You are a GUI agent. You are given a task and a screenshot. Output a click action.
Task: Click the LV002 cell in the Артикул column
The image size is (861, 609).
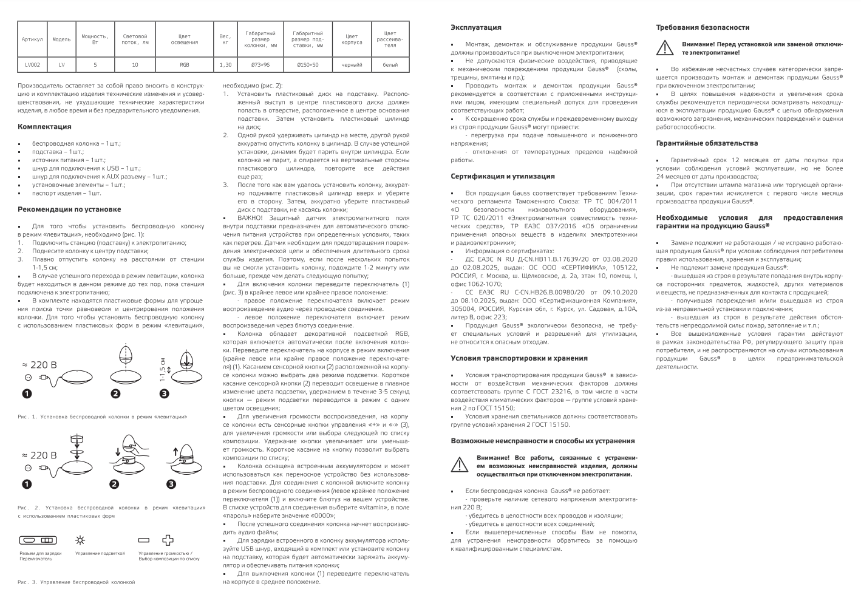(32, 64)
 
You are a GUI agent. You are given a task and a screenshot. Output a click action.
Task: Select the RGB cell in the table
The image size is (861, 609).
(184, 64)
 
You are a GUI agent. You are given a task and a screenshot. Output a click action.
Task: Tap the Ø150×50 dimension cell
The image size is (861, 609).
(307, 64)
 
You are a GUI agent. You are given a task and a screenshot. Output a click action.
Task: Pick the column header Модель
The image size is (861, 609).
(61, 39)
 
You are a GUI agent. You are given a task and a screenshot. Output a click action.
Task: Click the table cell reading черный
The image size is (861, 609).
(352, 64)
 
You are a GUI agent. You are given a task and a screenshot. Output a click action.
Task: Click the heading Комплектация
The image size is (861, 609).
(44, 127)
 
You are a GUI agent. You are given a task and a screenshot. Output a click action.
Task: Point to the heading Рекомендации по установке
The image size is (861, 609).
(69, 209)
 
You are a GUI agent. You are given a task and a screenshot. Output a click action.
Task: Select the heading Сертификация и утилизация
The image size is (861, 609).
(503, 176)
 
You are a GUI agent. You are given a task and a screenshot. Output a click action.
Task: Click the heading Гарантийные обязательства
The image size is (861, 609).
(707, 143)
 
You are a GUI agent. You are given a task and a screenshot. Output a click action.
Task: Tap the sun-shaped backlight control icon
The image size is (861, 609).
(80, 540)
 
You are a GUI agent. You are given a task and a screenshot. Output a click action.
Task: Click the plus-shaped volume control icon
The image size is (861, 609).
(168, 540)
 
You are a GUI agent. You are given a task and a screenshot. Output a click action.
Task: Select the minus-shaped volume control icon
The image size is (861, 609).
(144, 540)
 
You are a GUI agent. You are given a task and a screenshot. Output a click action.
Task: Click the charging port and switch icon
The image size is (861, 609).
(38, 540)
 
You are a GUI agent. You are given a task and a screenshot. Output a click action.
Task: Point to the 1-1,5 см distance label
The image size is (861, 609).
(163, 369)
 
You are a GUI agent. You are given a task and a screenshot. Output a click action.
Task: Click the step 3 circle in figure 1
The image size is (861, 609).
(164, 394)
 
